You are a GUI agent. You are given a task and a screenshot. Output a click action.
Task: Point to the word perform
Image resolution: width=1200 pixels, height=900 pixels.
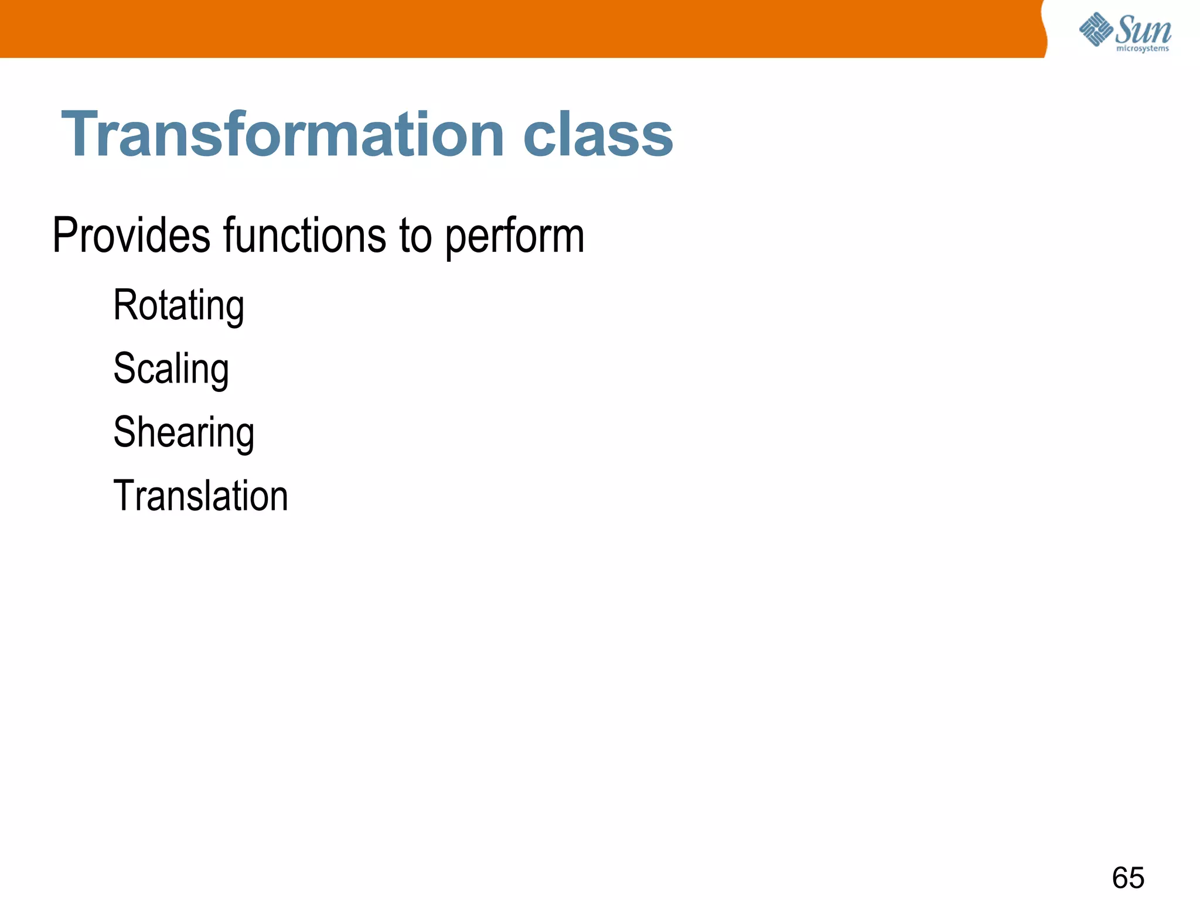pos(514,237)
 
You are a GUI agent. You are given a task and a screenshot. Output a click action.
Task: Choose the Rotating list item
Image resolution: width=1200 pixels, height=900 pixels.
pos(179,306)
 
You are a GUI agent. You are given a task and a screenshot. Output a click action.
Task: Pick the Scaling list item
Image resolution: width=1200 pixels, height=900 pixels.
pos(171,369)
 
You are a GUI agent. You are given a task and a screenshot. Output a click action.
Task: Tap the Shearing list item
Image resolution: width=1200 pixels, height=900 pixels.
pos(184,432)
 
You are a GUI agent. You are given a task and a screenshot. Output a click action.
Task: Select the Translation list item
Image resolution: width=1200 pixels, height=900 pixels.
pos(200,496)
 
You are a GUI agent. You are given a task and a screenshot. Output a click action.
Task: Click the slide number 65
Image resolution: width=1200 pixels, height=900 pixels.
pos(1128,878)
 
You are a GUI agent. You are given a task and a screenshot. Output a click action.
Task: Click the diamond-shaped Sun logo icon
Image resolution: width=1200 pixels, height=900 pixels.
pos(1095,29)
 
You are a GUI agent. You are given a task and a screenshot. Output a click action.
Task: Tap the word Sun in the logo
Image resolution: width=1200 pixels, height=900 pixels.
pos(1143,29)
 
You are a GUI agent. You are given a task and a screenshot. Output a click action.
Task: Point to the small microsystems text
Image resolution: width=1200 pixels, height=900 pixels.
pos(1142,49)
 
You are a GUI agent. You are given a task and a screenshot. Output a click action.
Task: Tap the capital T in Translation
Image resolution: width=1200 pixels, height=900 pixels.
pos(124,496)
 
